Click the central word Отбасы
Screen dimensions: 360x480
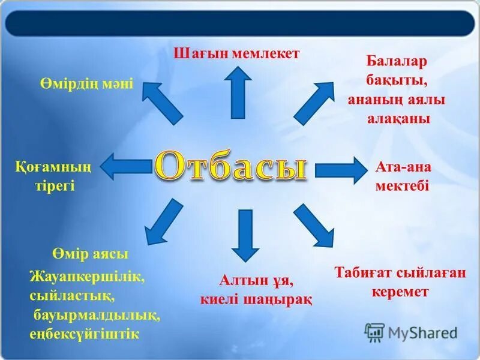click(x=232, y=167)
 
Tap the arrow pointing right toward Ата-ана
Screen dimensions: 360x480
click(x=340, y=170)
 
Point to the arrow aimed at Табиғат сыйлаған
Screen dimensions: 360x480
click(x=314, y=226)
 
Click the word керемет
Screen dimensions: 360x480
click(x=400, y=292)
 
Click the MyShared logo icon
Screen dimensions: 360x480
click(x=374, y=332)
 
